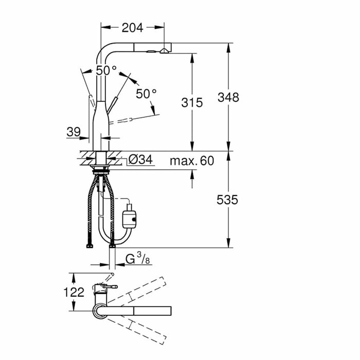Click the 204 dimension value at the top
tap(133, 29)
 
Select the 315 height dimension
tap(192, 102)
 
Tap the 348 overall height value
tap(228, 97)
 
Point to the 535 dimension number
tap(228, 200)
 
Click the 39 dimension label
tap(74, 132)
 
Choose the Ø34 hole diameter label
tap(140, 160)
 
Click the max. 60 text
tap(191, 161)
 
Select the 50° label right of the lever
tap(146, 94)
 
